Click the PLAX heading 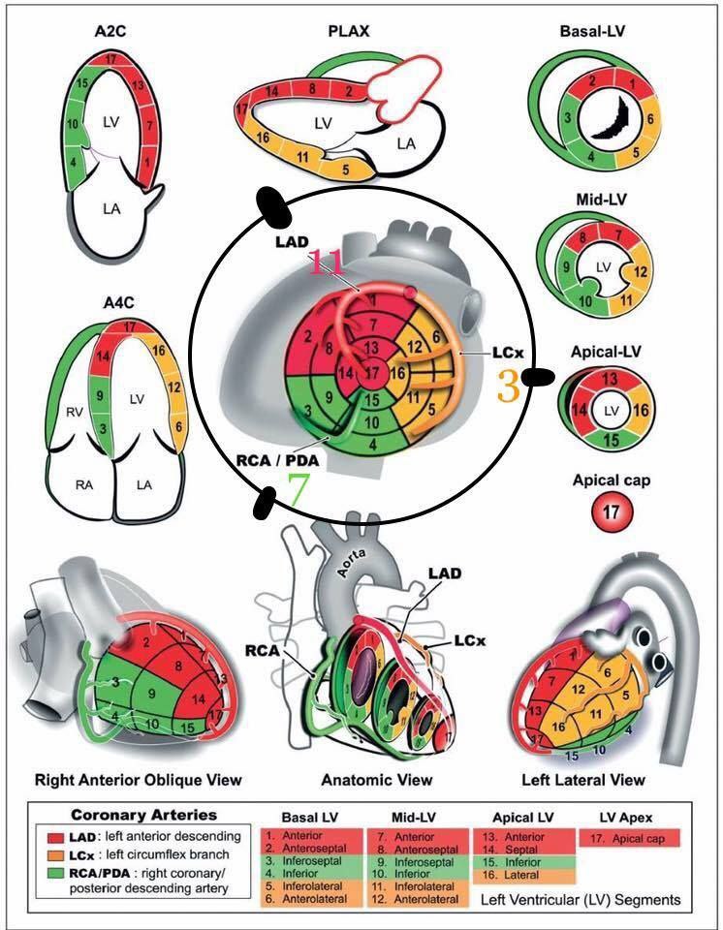click(x=349, y=33)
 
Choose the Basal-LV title click(x=591, y=32)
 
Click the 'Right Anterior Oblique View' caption click(x=138, y=779)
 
